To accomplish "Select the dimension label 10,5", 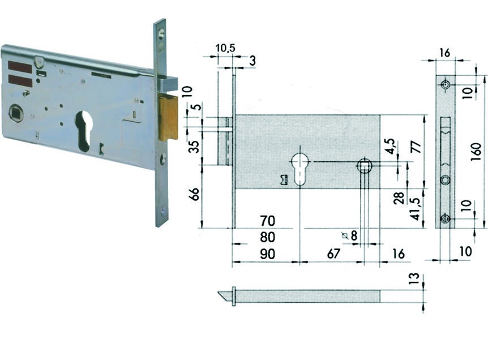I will click(x=226, y=49).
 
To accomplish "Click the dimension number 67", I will click(x=333, y=254).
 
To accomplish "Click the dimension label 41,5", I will click(x=416, y=209).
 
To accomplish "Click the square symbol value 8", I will click(x=354, y=236).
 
